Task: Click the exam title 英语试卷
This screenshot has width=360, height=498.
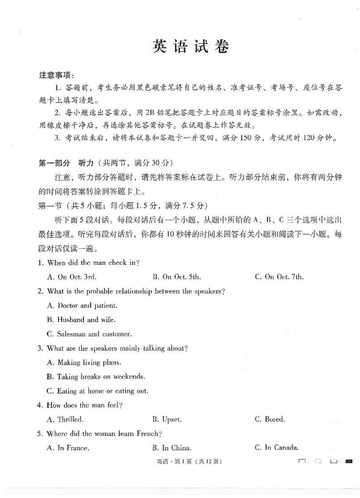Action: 190,47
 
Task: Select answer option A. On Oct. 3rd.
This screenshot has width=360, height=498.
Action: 72,277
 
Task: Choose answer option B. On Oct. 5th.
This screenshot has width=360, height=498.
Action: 176,277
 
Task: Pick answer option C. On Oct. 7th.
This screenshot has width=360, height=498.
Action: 279,277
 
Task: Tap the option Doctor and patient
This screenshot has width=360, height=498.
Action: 82,306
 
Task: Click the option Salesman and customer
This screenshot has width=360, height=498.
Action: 89,334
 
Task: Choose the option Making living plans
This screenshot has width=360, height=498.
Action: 84,362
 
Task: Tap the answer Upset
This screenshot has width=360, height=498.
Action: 167,420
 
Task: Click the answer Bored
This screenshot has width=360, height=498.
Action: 270,420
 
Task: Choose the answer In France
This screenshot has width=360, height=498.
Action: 68,448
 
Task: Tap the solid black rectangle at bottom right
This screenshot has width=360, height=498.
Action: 349,462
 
